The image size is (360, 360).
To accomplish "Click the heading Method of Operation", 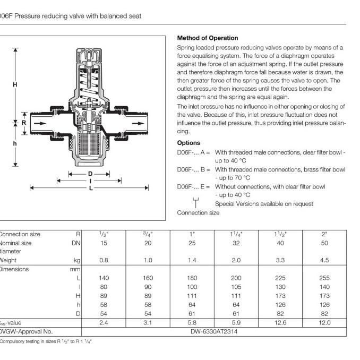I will tap(207, 38).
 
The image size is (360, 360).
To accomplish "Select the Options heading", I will tap(188, 143).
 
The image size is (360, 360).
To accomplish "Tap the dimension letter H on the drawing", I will tap(15, 84).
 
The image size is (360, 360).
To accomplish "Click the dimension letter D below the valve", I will tap(90, 174).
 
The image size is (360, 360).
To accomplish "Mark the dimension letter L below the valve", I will tap(91, 187).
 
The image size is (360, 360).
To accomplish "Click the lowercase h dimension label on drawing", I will tap(15, 144).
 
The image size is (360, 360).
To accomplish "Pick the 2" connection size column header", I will tap(324, 234).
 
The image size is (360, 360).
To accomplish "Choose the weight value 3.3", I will tap(280, 260).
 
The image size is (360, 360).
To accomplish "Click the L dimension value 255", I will tap(324, 278).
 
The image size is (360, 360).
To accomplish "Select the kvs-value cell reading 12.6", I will tap(280, 322).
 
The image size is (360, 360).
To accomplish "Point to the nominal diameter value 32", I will tap(236, 243).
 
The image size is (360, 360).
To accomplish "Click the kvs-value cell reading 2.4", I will tap(104, 322).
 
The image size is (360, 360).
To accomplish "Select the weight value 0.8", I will tap(104, 260).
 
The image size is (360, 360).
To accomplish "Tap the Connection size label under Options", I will tap(198, 213).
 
